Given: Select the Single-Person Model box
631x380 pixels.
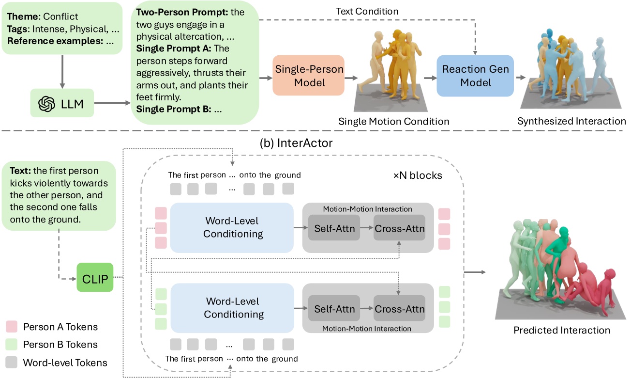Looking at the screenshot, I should pos(309,75).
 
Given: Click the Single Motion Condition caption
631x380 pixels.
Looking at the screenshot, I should pos(394,121).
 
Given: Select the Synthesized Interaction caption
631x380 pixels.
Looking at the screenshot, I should pos(571,121).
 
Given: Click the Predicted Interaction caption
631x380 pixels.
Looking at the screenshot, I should pos(561,331).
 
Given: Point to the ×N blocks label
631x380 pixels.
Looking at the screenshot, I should pos(417,175).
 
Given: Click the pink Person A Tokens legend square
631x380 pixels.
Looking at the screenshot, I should pos(13,327).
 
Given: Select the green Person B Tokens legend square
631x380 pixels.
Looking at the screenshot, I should pos(13,345).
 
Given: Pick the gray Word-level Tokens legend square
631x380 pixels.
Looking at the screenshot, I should pos(13,362).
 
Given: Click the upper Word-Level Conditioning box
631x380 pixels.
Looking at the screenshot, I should pos(233,227).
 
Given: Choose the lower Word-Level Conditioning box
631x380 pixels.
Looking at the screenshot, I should pos(233,308).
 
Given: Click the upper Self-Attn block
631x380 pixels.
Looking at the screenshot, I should pos(334,228).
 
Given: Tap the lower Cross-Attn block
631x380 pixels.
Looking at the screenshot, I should pos(399,308).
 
